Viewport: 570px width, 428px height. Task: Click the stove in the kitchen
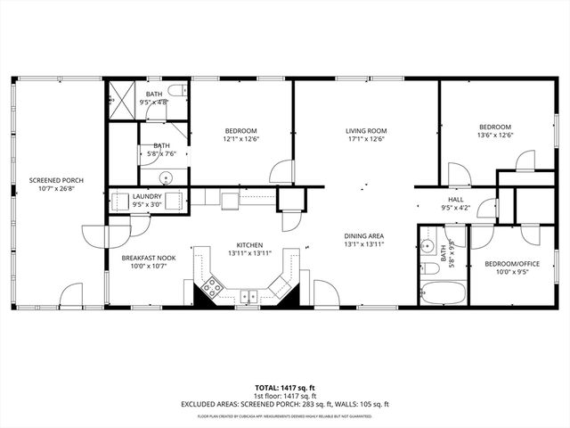coord(212,287)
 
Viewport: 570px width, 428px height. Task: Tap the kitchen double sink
coord(248,296)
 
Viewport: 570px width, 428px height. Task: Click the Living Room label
coord(364,131)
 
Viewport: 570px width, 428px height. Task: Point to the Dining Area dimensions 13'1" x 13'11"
coord(364,244)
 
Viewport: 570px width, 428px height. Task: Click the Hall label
coord(455,200)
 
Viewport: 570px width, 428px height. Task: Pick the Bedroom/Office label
coord(511,264)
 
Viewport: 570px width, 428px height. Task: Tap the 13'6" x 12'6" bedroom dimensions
coord(495,136)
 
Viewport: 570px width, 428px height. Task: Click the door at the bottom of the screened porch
coord(70,295)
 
